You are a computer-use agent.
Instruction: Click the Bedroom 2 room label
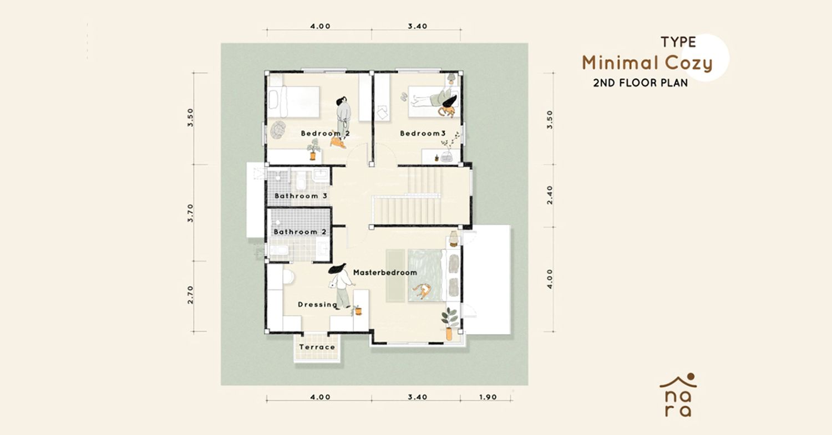[x=326, y=133]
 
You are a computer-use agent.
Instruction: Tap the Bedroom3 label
[x=423, y=133]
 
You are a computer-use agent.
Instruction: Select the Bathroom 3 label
[x=301, y=196]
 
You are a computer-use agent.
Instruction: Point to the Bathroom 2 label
[x=300, y=232]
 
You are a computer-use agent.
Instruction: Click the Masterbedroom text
[x=385, y=273]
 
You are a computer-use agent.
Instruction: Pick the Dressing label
[x=318, y=305]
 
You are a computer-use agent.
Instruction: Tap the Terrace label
[x=317, y=347]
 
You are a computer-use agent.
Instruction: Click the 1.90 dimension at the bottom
[x=488, y=397]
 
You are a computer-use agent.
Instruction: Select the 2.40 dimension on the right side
[x=550, y=195]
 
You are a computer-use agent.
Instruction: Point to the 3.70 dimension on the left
[x=191, y=213]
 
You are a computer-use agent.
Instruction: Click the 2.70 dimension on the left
[x=191, y=295]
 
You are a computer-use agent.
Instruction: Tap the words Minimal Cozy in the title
[x=647, y=63]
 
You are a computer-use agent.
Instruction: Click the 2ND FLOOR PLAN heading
[x=640, y=83]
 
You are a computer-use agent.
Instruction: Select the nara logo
[x=678, y=395]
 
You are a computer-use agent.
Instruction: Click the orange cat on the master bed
[x=422, y=291]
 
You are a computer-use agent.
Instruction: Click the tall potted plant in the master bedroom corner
[x=449, y=324]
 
